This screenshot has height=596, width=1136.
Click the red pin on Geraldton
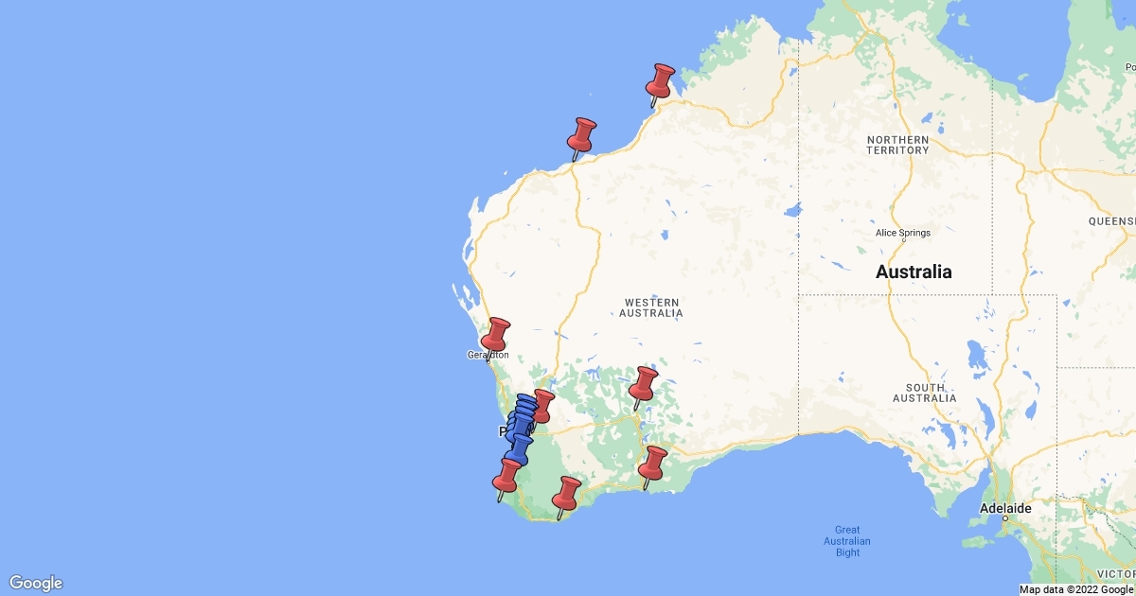click(x=496, y=335)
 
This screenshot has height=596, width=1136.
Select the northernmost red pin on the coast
click(x=661, y=79)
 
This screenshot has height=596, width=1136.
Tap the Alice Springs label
click(x=904, y=233)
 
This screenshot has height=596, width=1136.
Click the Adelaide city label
click(x=1005, y=508)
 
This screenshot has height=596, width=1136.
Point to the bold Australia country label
click(x=914, y=272)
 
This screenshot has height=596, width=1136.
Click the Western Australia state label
click(x=652, y=307)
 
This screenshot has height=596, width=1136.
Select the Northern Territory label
click(x=897, y=145)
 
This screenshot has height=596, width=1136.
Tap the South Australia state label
click(x=924, y=393)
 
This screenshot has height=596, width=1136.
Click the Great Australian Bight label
click(x=846, y=541)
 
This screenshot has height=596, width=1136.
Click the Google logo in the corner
click(x=36, y=583)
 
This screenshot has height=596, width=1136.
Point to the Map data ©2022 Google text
click(x=1075, y=589)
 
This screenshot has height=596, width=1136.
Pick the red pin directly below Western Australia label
click(x=645, y=384)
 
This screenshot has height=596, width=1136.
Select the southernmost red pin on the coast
click(x=567, y=493)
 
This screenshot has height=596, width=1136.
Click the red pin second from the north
click(x=583, y=134)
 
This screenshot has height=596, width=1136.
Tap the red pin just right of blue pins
click(x=542, y=404)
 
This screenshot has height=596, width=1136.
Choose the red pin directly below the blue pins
click(x=508, y=475)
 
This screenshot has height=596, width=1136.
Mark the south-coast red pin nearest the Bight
click(x=653, y=464)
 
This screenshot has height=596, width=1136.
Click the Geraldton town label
click(x=488, y=356)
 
